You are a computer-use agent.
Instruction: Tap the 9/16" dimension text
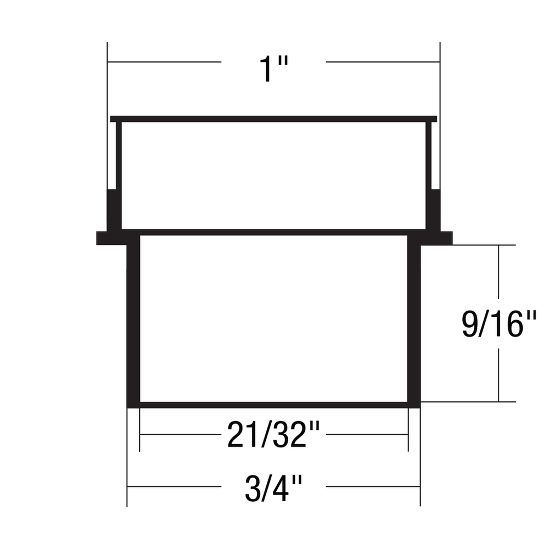[x=499, y=324]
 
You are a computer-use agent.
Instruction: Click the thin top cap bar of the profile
[x=273, y=119]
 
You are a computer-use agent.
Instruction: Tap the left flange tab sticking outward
[x=111, y=238]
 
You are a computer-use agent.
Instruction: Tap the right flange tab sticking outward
[x=436, y=238]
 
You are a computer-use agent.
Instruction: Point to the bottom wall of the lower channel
[x=273, y=405]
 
